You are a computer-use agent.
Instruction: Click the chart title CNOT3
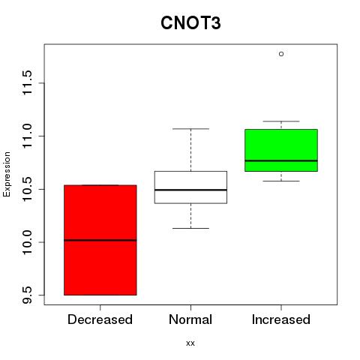click(x=190, y=23)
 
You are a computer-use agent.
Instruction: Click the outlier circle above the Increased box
click(x=281, y=54)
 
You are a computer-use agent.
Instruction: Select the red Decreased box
click(x=100, y=240)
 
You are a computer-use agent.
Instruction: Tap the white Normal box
click(x=190, y=187)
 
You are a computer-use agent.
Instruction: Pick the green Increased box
click(x=281, y=150)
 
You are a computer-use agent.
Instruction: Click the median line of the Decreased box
click(x=100, y=240)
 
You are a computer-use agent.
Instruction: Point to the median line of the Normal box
click(x=190, y=190)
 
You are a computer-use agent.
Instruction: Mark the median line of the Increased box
click(x=281, y=160)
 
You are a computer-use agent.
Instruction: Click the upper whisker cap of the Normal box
click(x=190, y=129)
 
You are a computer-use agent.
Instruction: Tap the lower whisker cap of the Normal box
click(x=190, y=228)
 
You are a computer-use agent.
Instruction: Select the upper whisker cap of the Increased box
click(x=281, y=121)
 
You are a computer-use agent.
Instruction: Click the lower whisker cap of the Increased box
click(x=281, y=181)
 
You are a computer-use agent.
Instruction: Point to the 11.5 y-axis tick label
click(x=27, y=82)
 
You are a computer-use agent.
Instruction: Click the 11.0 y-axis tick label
click(x=27, y=136)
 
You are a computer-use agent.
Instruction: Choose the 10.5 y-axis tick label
click(x=27, y=189)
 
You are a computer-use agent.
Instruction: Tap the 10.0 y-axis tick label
click(x=27, y=242)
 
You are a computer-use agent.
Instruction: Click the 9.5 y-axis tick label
click(x=27, y=295)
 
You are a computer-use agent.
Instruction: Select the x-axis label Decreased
click(x=100, y=319)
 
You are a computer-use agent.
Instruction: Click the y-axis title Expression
click(x=7, y=174)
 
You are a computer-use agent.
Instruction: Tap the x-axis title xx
click(x=190, y=343)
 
